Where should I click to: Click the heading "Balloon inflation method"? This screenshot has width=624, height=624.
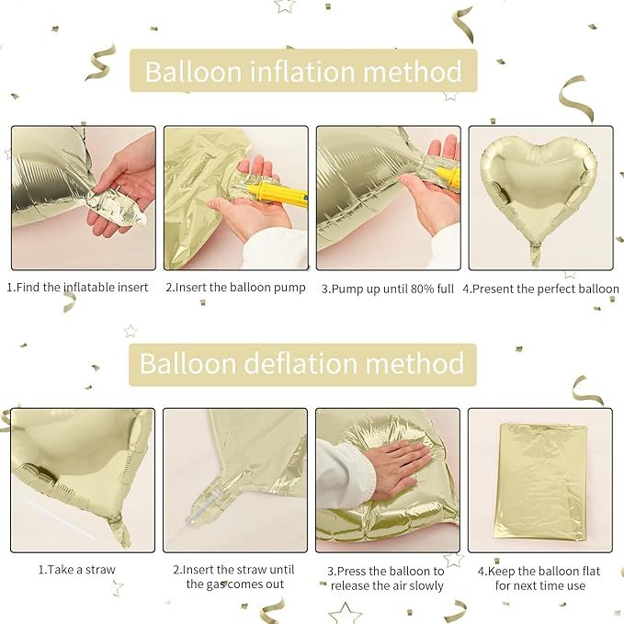tap(303, 71)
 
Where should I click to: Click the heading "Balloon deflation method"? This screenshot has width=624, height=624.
tap(301, 363)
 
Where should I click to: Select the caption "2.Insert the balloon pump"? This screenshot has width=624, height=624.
tap(235, 288)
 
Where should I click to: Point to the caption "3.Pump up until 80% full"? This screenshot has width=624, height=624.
tap(387, 288)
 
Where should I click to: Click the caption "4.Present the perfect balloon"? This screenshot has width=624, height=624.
tap(540, 288)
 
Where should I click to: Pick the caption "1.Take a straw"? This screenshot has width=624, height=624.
tap(77, 570)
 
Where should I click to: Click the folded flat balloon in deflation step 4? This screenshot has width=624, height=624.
tap(539, 481)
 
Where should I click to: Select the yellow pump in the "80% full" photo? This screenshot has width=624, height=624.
tap(444, 172)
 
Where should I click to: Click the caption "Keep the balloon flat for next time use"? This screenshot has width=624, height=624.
tap(539, 577)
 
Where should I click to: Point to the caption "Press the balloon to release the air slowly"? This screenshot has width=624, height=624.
tap(387, 577)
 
